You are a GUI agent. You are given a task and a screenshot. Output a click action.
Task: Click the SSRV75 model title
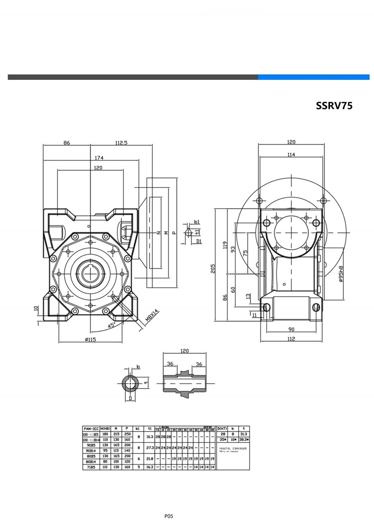[x=334, y=106]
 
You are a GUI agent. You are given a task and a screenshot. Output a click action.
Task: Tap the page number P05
[x=169, y=516]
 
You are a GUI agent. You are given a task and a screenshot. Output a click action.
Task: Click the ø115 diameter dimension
[x=91, y=339]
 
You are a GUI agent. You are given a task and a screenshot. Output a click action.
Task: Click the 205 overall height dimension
[x=213, y=269]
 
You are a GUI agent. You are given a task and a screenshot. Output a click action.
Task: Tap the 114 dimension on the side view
[x=291, y=154]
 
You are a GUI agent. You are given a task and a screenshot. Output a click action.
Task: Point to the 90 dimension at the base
[x=291, y=329]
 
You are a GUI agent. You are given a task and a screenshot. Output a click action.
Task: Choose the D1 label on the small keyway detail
[x=199, y=241]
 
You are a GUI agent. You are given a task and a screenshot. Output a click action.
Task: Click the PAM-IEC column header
[x=91, y=429]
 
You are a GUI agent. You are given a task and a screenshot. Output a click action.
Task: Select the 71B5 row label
[x=91, y=467]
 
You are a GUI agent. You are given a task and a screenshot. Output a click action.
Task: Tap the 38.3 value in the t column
[x=244, y=440]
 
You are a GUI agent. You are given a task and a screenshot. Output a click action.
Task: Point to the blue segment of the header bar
[x=313, y=77]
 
